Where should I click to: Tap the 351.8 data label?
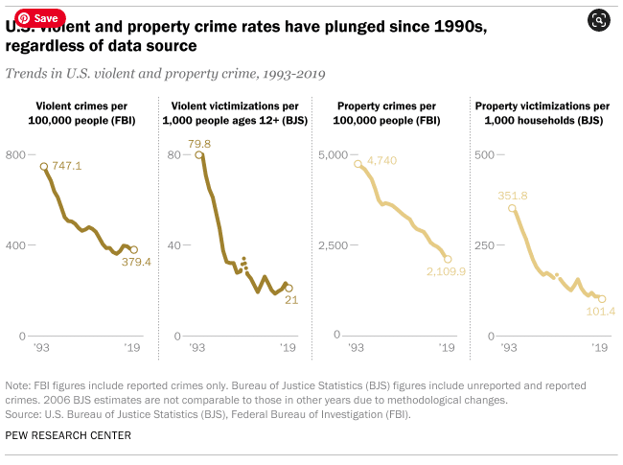pyautogui.click(x=513, y=196)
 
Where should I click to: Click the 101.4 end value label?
pyautogui.click(x=599, y=312)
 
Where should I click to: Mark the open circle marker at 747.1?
pyautogui.click(x=43, y=167)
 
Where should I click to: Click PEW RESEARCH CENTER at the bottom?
pyautogui.click(x=68, y=435)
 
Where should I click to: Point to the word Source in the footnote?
pyautogui.click(x=23, y=415)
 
